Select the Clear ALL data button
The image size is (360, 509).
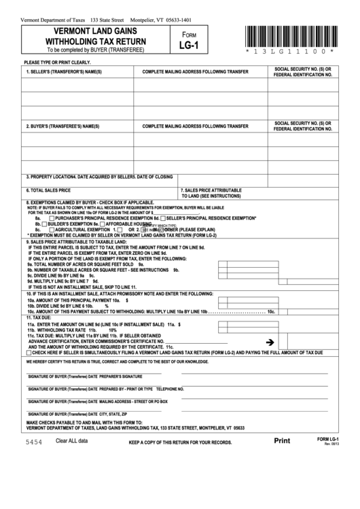[72, 460]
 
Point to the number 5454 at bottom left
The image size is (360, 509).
[34, 461]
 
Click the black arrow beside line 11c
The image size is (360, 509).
[270, 342]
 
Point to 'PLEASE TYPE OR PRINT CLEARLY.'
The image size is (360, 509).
[57, 62]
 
